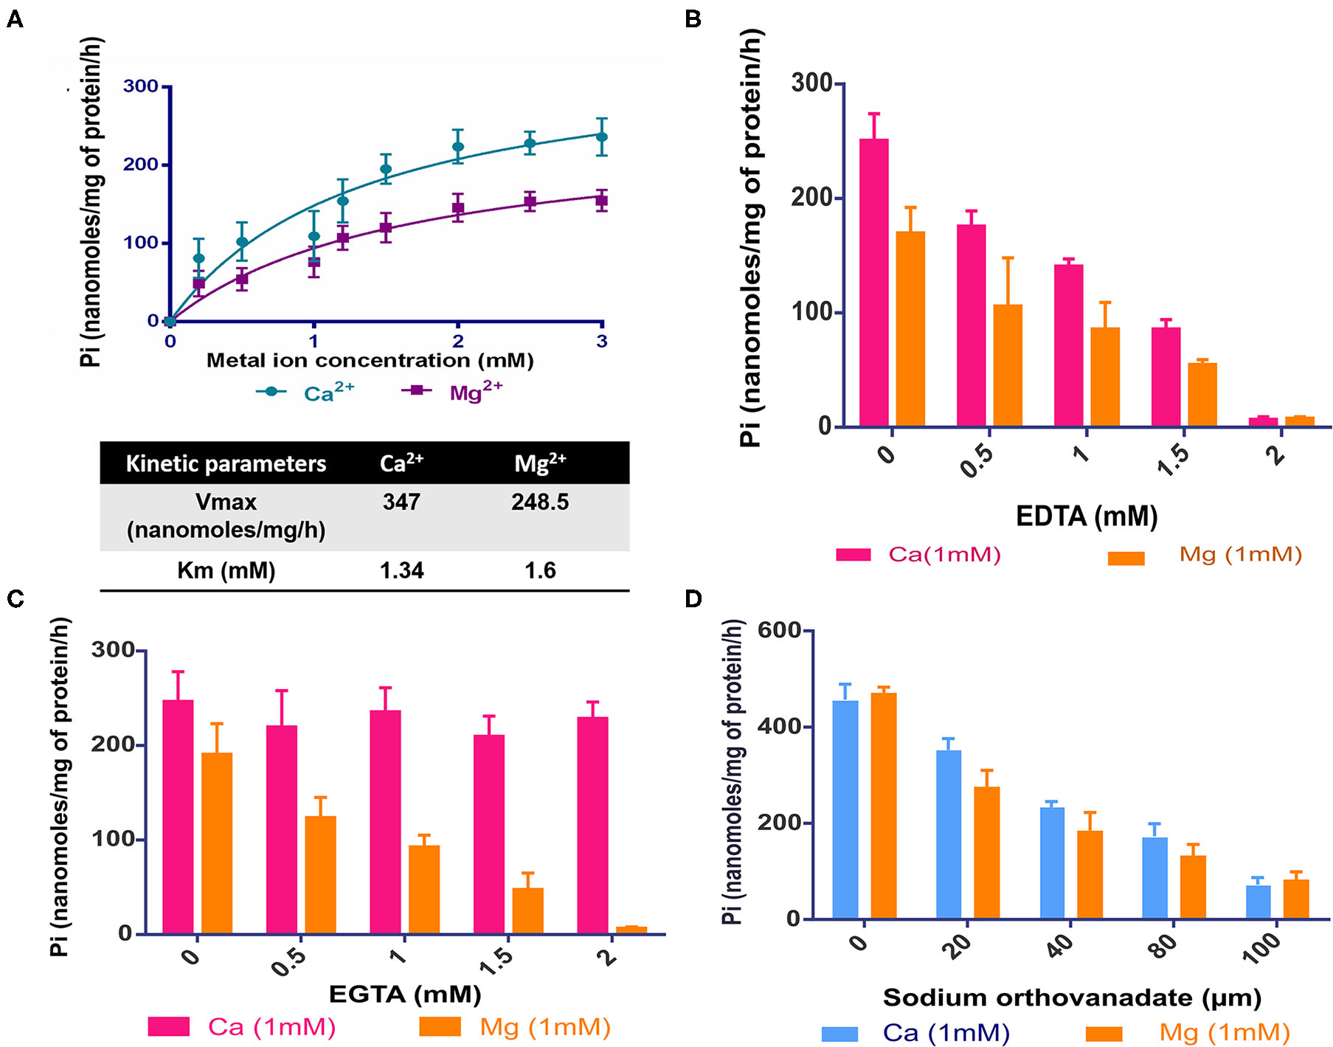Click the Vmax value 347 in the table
401,502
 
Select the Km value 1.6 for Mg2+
540,570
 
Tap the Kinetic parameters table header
226,463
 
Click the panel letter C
15,598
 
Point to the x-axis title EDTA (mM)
1086,516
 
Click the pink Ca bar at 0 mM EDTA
874,283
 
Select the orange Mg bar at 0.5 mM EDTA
1008,365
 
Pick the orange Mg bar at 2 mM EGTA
631,930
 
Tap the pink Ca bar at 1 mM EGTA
386,822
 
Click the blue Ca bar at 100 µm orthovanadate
1258,902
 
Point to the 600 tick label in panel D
779,630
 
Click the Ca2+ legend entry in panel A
305,392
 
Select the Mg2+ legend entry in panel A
451,391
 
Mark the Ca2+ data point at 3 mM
602,137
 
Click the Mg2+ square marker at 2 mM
458,209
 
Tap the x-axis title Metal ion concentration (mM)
370,360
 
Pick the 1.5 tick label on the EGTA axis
495,962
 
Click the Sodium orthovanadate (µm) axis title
1072,998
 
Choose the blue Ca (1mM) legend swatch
839,1034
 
